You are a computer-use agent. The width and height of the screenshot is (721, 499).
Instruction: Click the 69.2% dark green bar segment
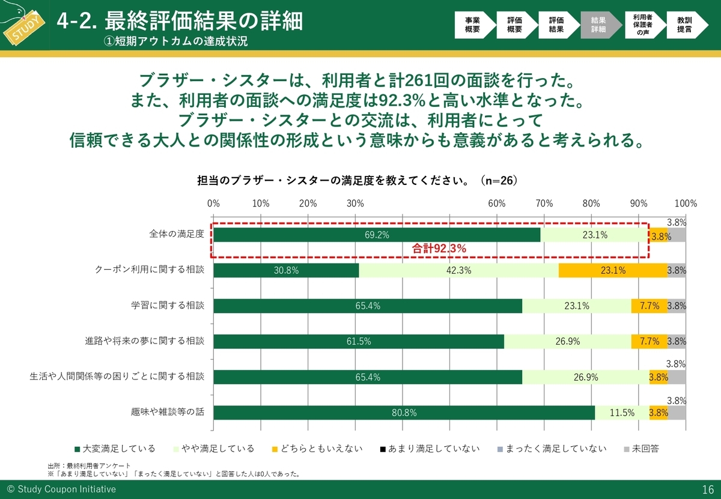[377, 235]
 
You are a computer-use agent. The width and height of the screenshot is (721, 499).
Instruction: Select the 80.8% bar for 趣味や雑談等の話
[404, 413]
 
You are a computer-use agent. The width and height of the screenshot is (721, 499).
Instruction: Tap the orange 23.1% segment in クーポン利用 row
[613, 270]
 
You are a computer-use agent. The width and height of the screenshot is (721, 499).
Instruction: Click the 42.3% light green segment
[458, 270]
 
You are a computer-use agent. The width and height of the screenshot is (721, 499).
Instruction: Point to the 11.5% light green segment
[622, 413]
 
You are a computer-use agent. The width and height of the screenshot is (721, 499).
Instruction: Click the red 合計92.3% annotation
[439, 247]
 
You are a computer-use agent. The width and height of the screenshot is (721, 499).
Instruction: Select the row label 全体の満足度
[177, 234]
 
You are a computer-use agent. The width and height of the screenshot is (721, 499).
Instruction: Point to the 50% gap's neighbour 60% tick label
[496, 203]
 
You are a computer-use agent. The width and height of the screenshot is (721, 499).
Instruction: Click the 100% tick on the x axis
[685, 203]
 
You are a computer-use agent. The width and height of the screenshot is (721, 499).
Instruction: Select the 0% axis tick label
[213, 203]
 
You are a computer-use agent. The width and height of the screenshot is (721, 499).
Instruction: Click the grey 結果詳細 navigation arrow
[598, 25]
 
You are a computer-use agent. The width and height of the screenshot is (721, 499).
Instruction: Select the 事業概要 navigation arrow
[473, 25]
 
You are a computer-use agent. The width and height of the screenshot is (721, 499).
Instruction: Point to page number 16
[707, 489]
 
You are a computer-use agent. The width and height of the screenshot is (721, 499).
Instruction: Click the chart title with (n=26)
[357, 180]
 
